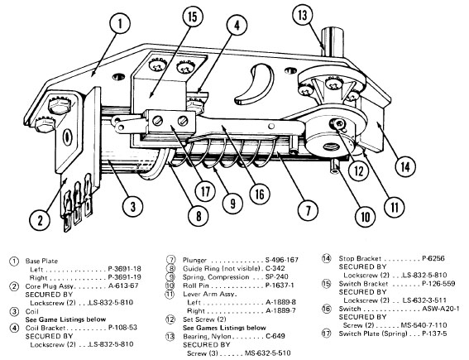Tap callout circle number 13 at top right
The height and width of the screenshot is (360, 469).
325,14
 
